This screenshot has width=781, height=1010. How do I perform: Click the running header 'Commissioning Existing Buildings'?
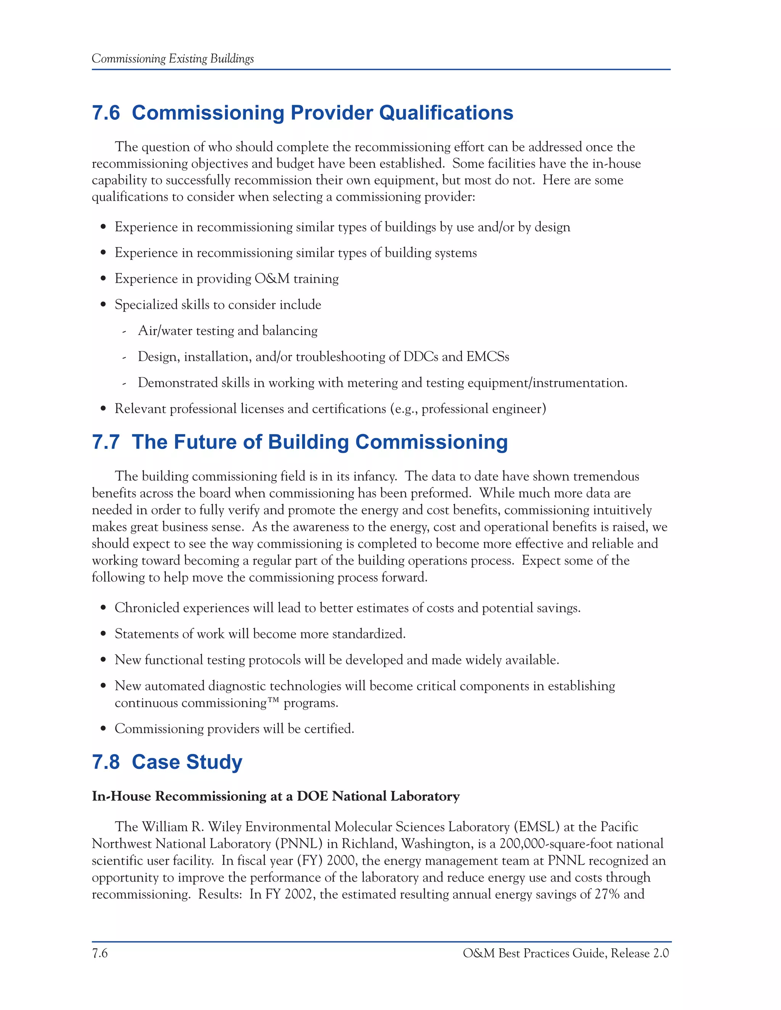[173, 59]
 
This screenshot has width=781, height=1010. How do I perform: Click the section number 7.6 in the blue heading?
[106, 113]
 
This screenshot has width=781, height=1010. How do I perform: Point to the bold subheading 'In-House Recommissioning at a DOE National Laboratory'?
[276, 796]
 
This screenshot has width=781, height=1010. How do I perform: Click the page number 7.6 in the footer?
[100, 953]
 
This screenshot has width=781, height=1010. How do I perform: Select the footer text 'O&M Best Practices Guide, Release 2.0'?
[566, 953]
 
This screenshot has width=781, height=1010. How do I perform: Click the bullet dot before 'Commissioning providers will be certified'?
[104, 729]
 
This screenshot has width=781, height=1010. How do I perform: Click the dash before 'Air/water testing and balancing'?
[124, 332]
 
